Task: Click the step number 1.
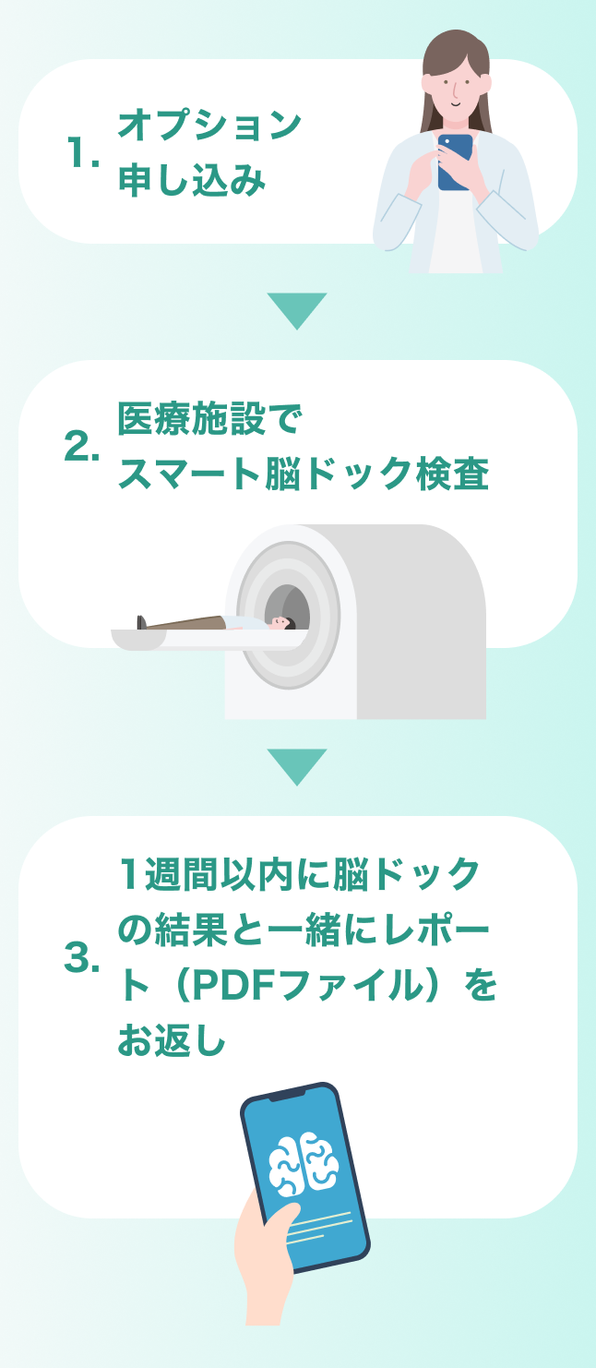[82, 154]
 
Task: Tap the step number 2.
[82, 448]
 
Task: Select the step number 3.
[82, 959]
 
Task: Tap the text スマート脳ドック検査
[303, 474]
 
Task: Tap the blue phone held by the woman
[454, 161]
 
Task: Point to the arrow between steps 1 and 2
[297, 309]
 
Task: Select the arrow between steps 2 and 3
[297, 765]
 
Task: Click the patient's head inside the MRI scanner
[281, 622]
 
